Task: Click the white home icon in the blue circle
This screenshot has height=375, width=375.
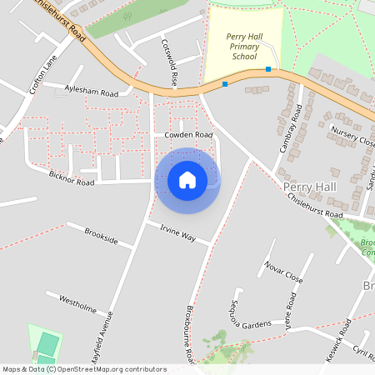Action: [x=187, y=179]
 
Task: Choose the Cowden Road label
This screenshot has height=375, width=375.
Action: [x=188, y=135]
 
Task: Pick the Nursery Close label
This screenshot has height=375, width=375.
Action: [x=352, y=136]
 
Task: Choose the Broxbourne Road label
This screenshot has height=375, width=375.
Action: [x=192, y=341]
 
